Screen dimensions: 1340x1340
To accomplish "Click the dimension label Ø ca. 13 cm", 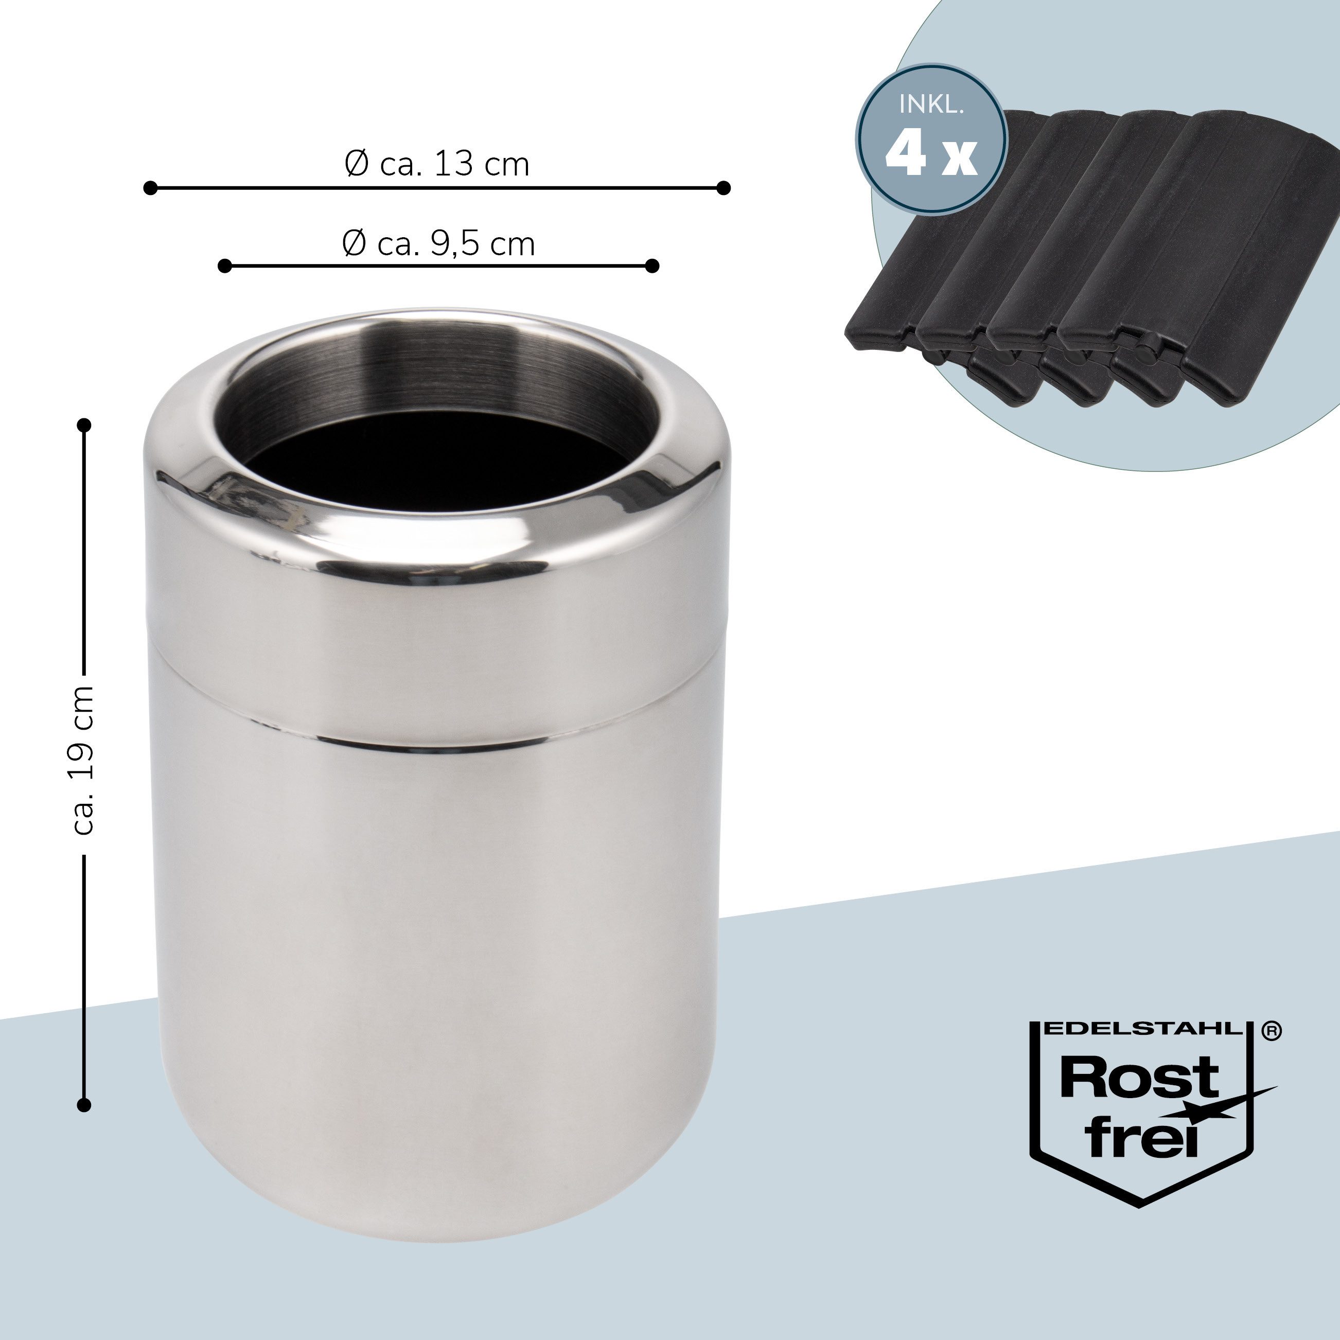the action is click(437, 164).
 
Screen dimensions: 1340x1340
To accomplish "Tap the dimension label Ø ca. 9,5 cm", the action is click(439, 243).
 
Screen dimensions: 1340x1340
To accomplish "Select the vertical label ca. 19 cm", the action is click(83, 760).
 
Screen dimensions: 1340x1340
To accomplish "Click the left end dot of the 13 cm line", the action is click(150, 188).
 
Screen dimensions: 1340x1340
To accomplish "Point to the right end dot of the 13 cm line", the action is click(724, 188).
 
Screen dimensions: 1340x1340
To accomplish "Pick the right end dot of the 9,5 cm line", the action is click(651, 266).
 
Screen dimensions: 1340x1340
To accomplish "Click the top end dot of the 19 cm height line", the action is click(84, 425).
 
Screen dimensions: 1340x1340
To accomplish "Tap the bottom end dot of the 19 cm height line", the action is click(84, 1105).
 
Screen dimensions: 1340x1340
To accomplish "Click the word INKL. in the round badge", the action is click(931, 105).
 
